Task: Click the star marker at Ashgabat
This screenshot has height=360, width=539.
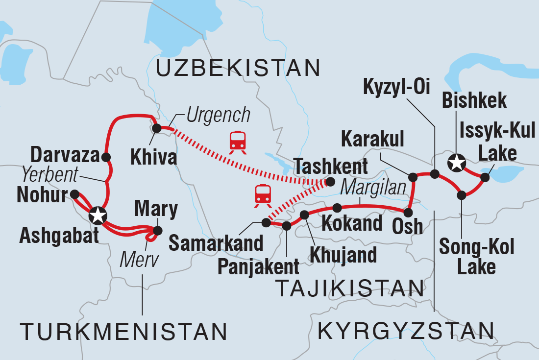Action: (x=98, y=215)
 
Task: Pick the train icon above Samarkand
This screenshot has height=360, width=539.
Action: (x=263, y=194)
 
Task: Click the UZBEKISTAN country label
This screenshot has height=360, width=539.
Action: (x=237, y=68)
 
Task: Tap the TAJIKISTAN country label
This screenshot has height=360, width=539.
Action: (x=350, y=288)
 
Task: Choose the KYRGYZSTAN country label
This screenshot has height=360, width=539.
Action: (x=406, y=332)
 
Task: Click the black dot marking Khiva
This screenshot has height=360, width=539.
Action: (x=157, y=128)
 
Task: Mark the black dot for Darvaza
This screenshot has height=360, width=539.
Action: (x=106, y=157)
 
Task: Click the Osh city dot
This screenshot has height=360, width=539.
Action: (x=408, y=212)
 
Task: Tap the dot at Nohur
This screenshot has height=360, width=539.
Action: (x=74, y=194)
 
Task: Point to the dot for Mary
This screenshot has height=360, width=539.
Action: (x=157, y=230)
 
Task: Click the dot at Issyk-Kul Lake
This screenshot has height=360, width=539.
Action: (x=485, y=178)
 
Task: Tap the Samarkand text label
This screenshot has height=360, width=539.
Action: (x=216, y=242)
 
